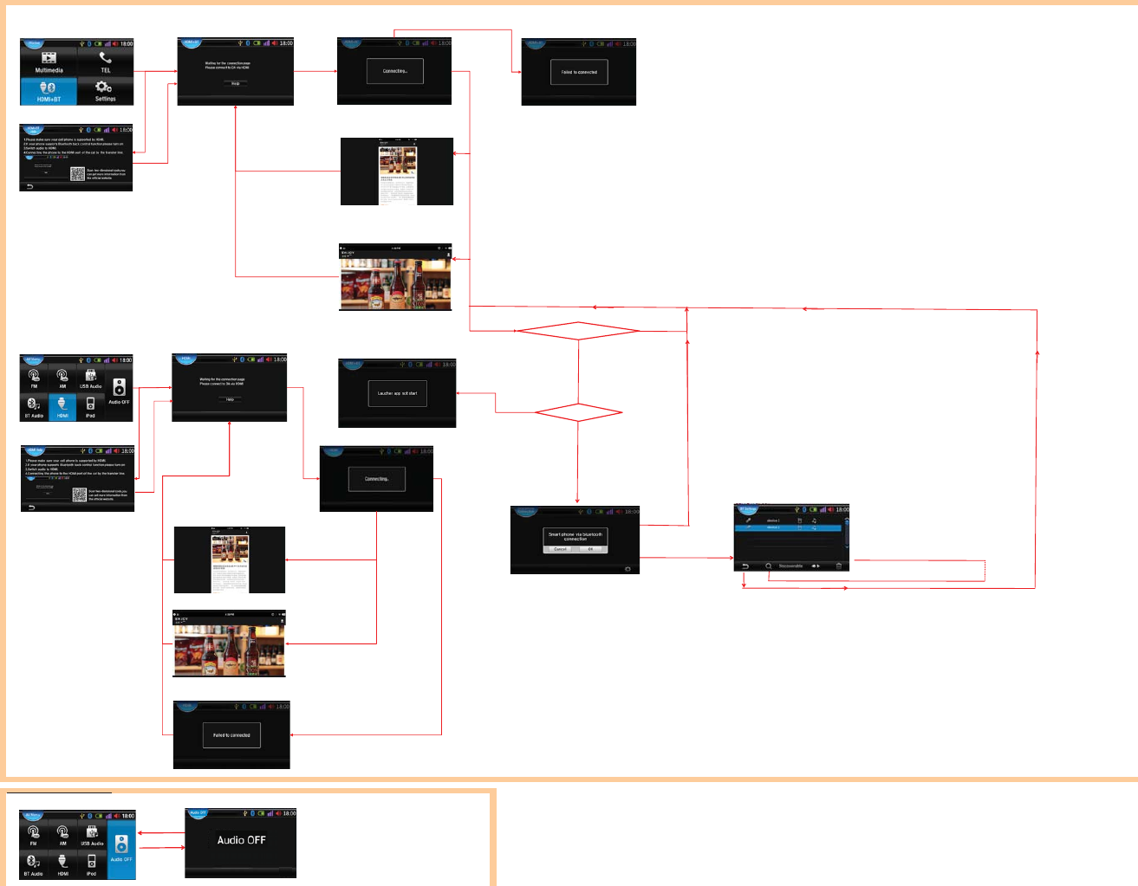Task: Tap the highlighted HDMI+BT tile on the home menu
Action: [49, 91]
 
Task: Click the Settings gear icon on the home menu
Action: [104, 87]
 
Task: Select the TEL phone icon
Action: [105, 58]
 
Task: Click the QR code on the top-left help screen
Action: [77, 173]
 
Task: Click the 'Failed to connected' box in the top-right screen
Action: [579, 72]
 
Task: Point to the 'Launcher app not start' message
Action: [397, 393]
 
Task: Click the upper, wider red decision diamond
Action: [577, 331]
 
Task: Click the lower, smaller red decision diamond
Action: [578, 413]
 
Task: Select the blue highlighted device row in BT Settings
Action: [788, 527]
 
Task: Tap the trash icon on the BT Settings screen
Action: [838, 566]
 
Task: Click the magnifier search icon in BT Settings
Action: [768, 566]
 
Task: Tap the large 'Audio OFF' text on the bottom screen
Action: [241, 840]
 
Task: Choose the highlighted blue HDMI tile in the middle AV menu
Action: [62, 406]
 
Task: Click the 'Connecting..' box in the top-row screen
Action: [395, 71]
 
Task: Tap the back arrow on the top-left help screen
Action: [29, 186]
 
